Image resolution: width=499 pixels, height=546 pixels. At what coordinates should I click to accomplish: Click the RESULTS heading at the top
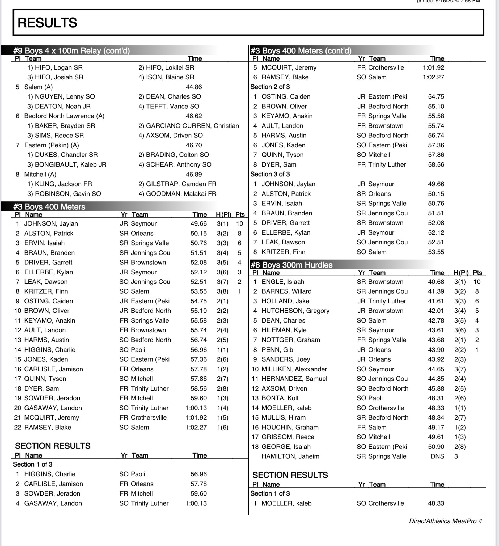point(47,23)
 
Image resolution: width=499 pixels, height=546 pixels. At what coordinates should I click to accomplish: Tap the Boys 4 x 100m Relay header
point(71,51)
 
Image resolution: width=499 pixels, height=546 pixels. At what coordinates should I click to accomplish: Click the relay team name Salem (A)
point(38,87)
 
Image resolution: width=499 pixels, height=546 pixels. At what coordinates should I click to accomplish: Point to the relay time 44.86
point(194,87)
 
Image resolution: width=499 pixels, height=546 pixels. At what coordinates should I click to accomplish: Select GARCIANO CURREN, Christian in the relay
point(192,126)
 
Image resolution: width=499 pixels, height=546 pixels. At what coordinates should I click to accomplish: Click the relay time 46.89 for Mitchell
point(194,174)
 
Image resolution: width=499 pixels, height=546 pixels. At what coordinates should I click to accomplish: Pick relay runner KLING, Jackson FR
point(60,184)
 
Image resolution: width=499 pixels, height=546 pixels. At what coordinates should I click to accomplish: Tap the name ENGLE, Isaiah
point(282,282)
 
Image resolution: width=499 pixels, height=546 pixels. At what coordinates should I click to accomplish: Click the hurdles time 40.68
point(436,282)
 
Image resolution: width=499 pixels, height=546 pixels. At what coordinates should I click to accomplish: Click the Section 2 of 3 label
point(270,87)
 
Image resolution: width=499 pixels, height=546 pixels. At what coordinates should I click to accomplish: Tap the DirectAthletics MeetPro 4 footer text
point(445,521)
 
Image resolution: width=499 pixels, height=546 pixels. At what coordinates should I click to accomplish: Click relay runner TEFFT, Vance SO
point(169,106)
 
